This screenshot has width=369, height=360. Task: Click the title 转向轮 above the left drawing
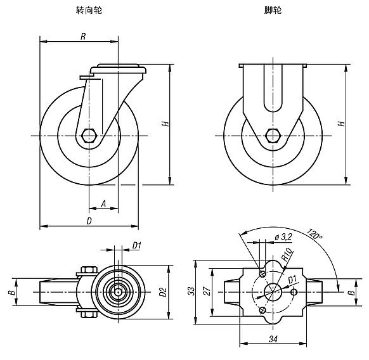(91, 10)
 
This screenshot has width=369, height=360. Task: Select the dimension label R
(83, 36)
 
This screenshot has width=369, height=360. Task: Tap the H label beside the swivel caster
(165, 124)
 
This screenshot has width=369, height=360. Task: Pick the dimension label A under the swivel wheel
(103, 204)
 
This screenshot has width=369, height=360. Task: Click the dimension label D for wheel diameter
(89, 221)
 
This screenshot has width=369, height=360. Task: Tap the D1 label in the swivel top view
(136, 246)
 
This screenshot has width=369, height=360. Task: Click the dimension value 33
(190, 292)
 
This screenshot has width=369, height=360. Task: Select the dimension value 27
(207, 292)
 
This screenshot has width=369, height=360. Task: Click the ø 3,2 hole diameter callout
(283, 236)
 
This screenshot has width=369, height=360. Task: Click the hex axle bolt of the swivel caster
(89, 136)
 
